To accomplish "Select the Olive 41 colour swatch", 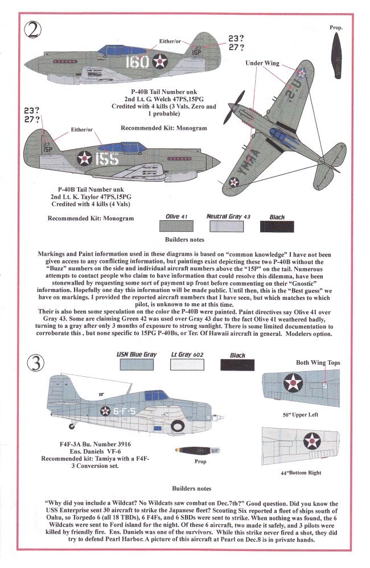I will [172, 226].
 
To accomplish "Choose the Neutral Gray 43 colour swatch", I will [223, 226].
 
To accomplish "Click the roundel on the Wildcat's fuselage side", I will [106, 411].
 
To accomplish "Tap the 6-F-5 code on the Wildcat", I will [128, 411].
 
